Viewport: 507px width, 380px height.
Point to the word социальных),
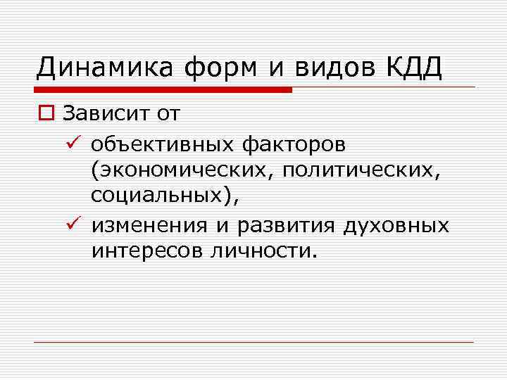point(165,198)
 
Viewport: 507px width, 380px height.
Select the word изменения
point(149,225)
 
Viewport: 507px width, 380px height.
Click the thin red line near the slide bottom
point(254,343)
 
